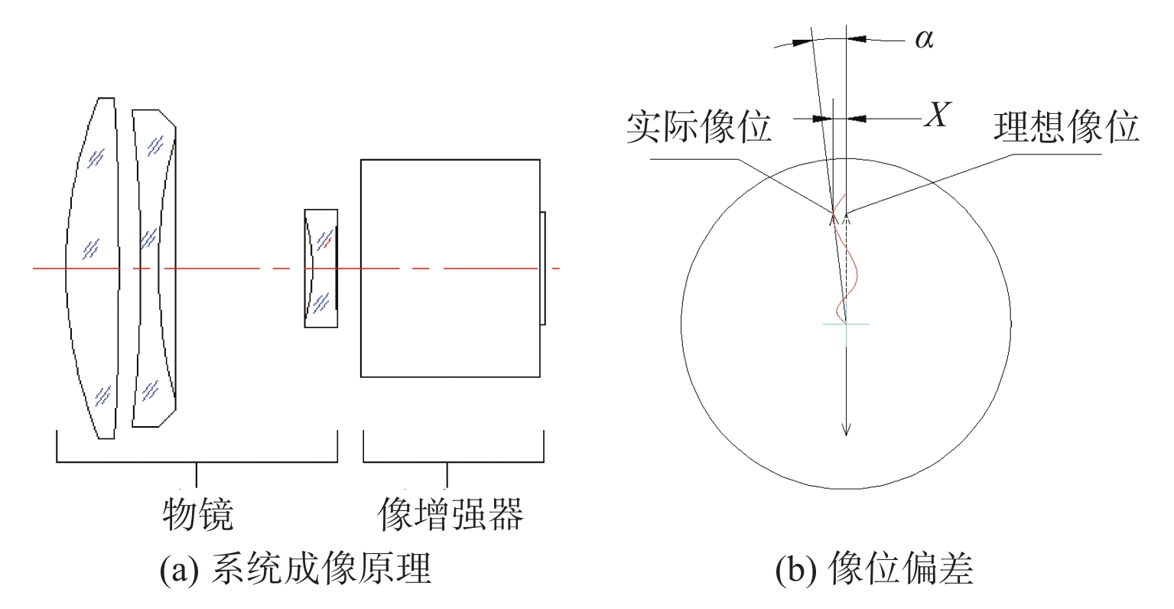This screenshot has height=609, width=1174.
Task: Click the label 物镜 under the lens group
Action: click(x=197, y=514)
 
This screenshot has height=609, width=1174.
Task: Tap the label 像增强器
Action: click(x=450, y=514)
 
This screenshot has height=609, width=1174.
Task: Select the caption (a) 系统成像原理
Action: click(x=295, y=568)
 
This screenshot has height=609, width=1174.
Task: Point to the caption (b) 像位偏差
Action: click(x=874, y=568)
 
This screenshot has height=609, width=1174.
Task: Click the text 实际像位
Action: click(x=698, y=126)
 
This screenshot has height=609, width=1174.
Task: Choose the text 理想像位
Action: click(x=1066, y=126)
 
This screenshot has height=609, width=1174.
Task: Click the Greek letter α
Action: click(x=924, y=39)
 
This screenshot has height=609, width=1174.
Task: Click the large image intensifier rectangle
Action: click(x=450, y=269)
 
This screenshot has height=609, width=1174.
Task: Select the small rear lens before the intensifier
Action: click(x=320, y=269)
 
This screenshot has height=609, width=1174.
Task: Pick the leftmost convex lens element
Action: click(x=93, y=268)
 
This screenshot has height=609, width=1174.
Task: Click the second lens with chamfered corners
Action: click(x=154, y=269)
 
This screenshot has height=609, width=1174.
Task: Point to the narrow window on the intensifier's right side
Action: click(x=543, y=269)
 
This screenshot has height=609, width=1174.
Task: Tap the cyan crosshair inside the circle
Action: click(x=846, y=325)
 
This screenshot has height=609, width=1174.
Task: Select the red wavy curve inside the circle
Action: click(x=845, y=258)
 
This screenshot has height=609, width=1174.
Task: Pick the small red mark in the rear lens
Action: click(x=327, y=242)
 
